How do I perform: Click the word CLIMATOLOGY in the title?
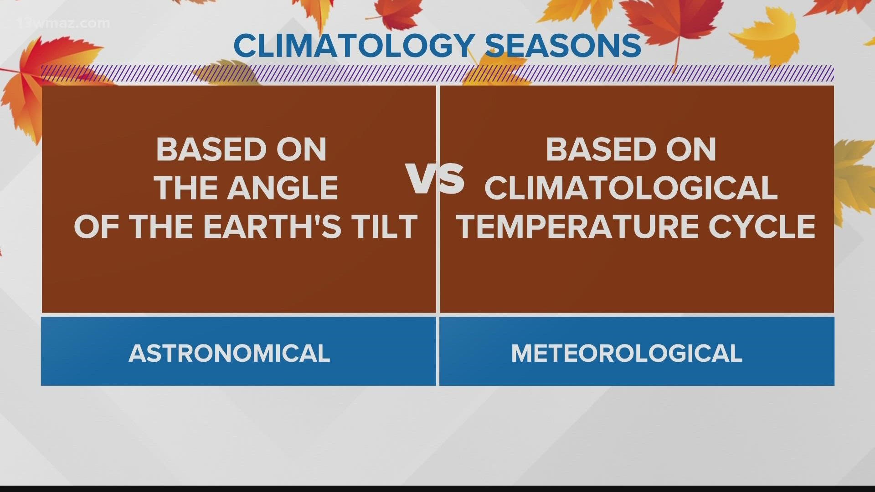coord(353,46)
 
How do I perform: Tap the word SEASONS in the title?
coord(562,46)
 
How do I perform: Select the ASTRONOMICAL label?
coord(229,354)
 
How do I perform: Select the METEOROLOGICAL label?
coord(627,354)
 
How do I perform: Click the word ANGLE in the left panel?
coord(283,188)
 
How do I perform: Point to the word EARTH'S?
coord(272,227)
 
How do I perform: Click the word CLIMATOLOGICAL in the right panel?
coord(631,188)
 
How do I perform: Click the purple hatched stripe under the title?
coord(437,74)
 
